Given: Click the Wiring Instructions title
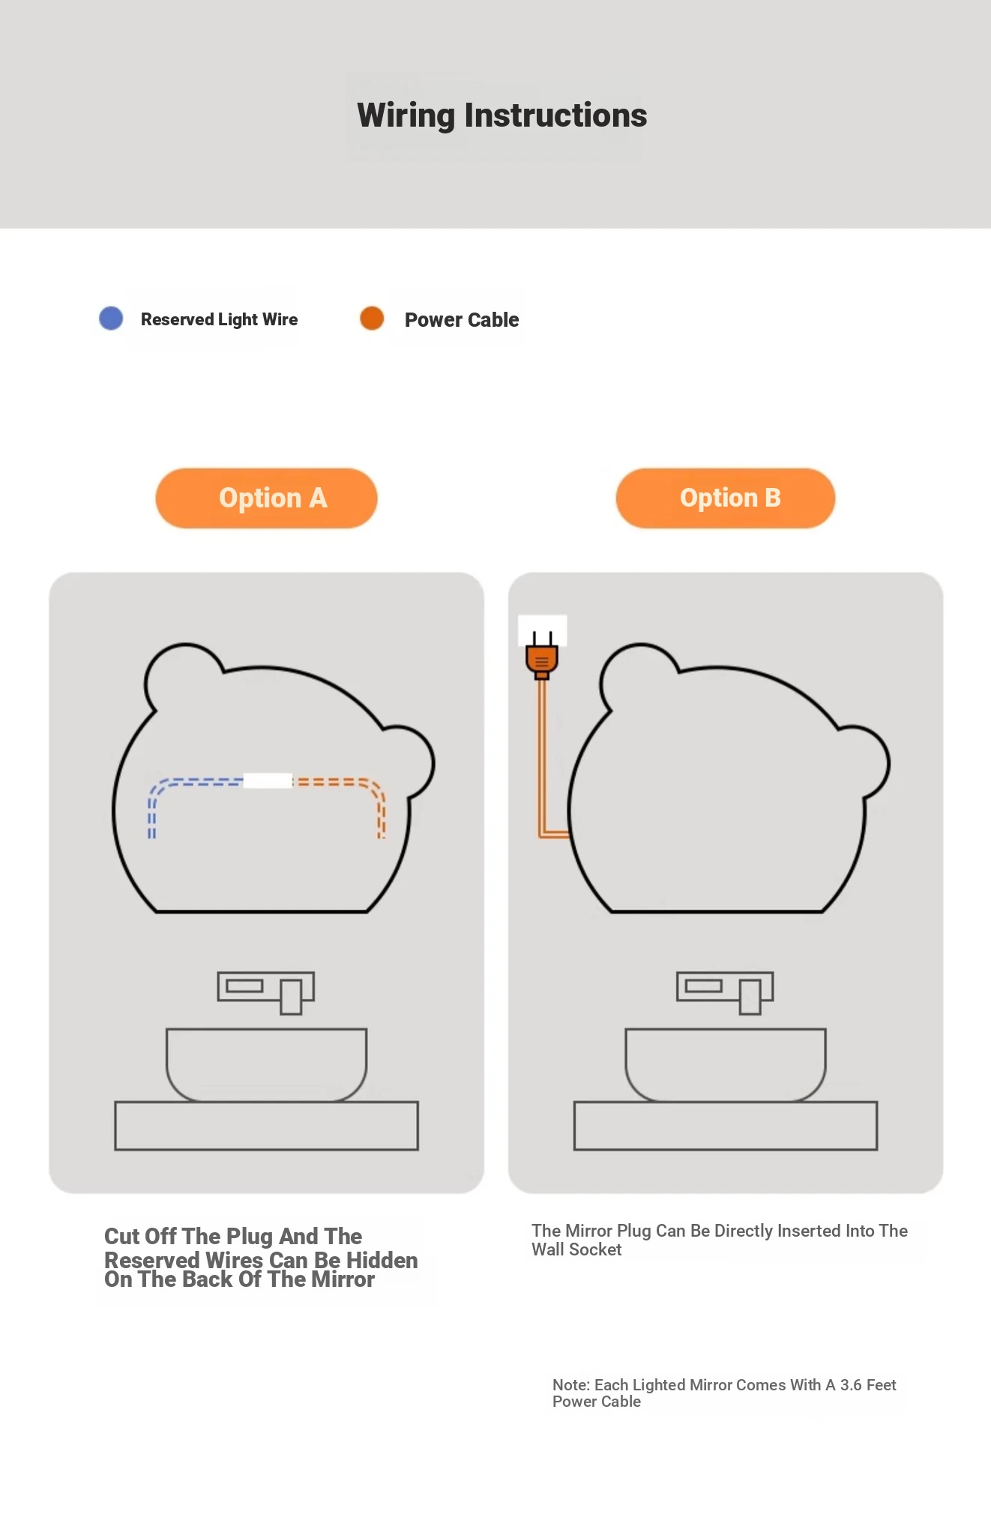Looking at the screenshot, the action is pos(501,115).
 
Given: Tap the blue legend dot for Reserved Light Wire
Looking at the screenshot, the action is pos(111,318).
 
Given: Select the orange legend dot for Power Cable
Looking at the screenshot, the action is pos(372,318).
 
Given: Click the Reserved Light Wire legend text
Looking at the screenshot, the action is pos(219,320).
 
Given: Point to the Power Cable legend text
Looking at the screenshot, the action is pos(462,320).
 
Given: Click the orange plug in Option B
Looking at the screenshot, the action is pos(542,657).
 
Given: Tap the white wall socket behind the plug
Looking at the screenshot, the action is pos(543,630).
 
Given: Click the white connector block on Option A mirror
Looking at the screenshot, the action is pos(268,780).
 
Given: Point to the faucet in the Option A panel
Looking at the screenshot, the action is pos(266,992).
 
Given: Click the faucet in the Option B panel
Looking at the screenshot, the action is pos(725,992).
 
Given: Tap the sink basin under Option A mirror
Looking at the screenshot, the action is pos(266,1064).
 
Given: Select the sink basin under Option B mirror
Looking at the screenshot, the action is pos(726,1064).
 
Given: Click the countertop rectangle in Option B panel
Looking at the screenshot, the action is pos(726,1125).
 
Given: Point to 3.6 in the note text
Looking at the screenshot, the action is pos(851,1385).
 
